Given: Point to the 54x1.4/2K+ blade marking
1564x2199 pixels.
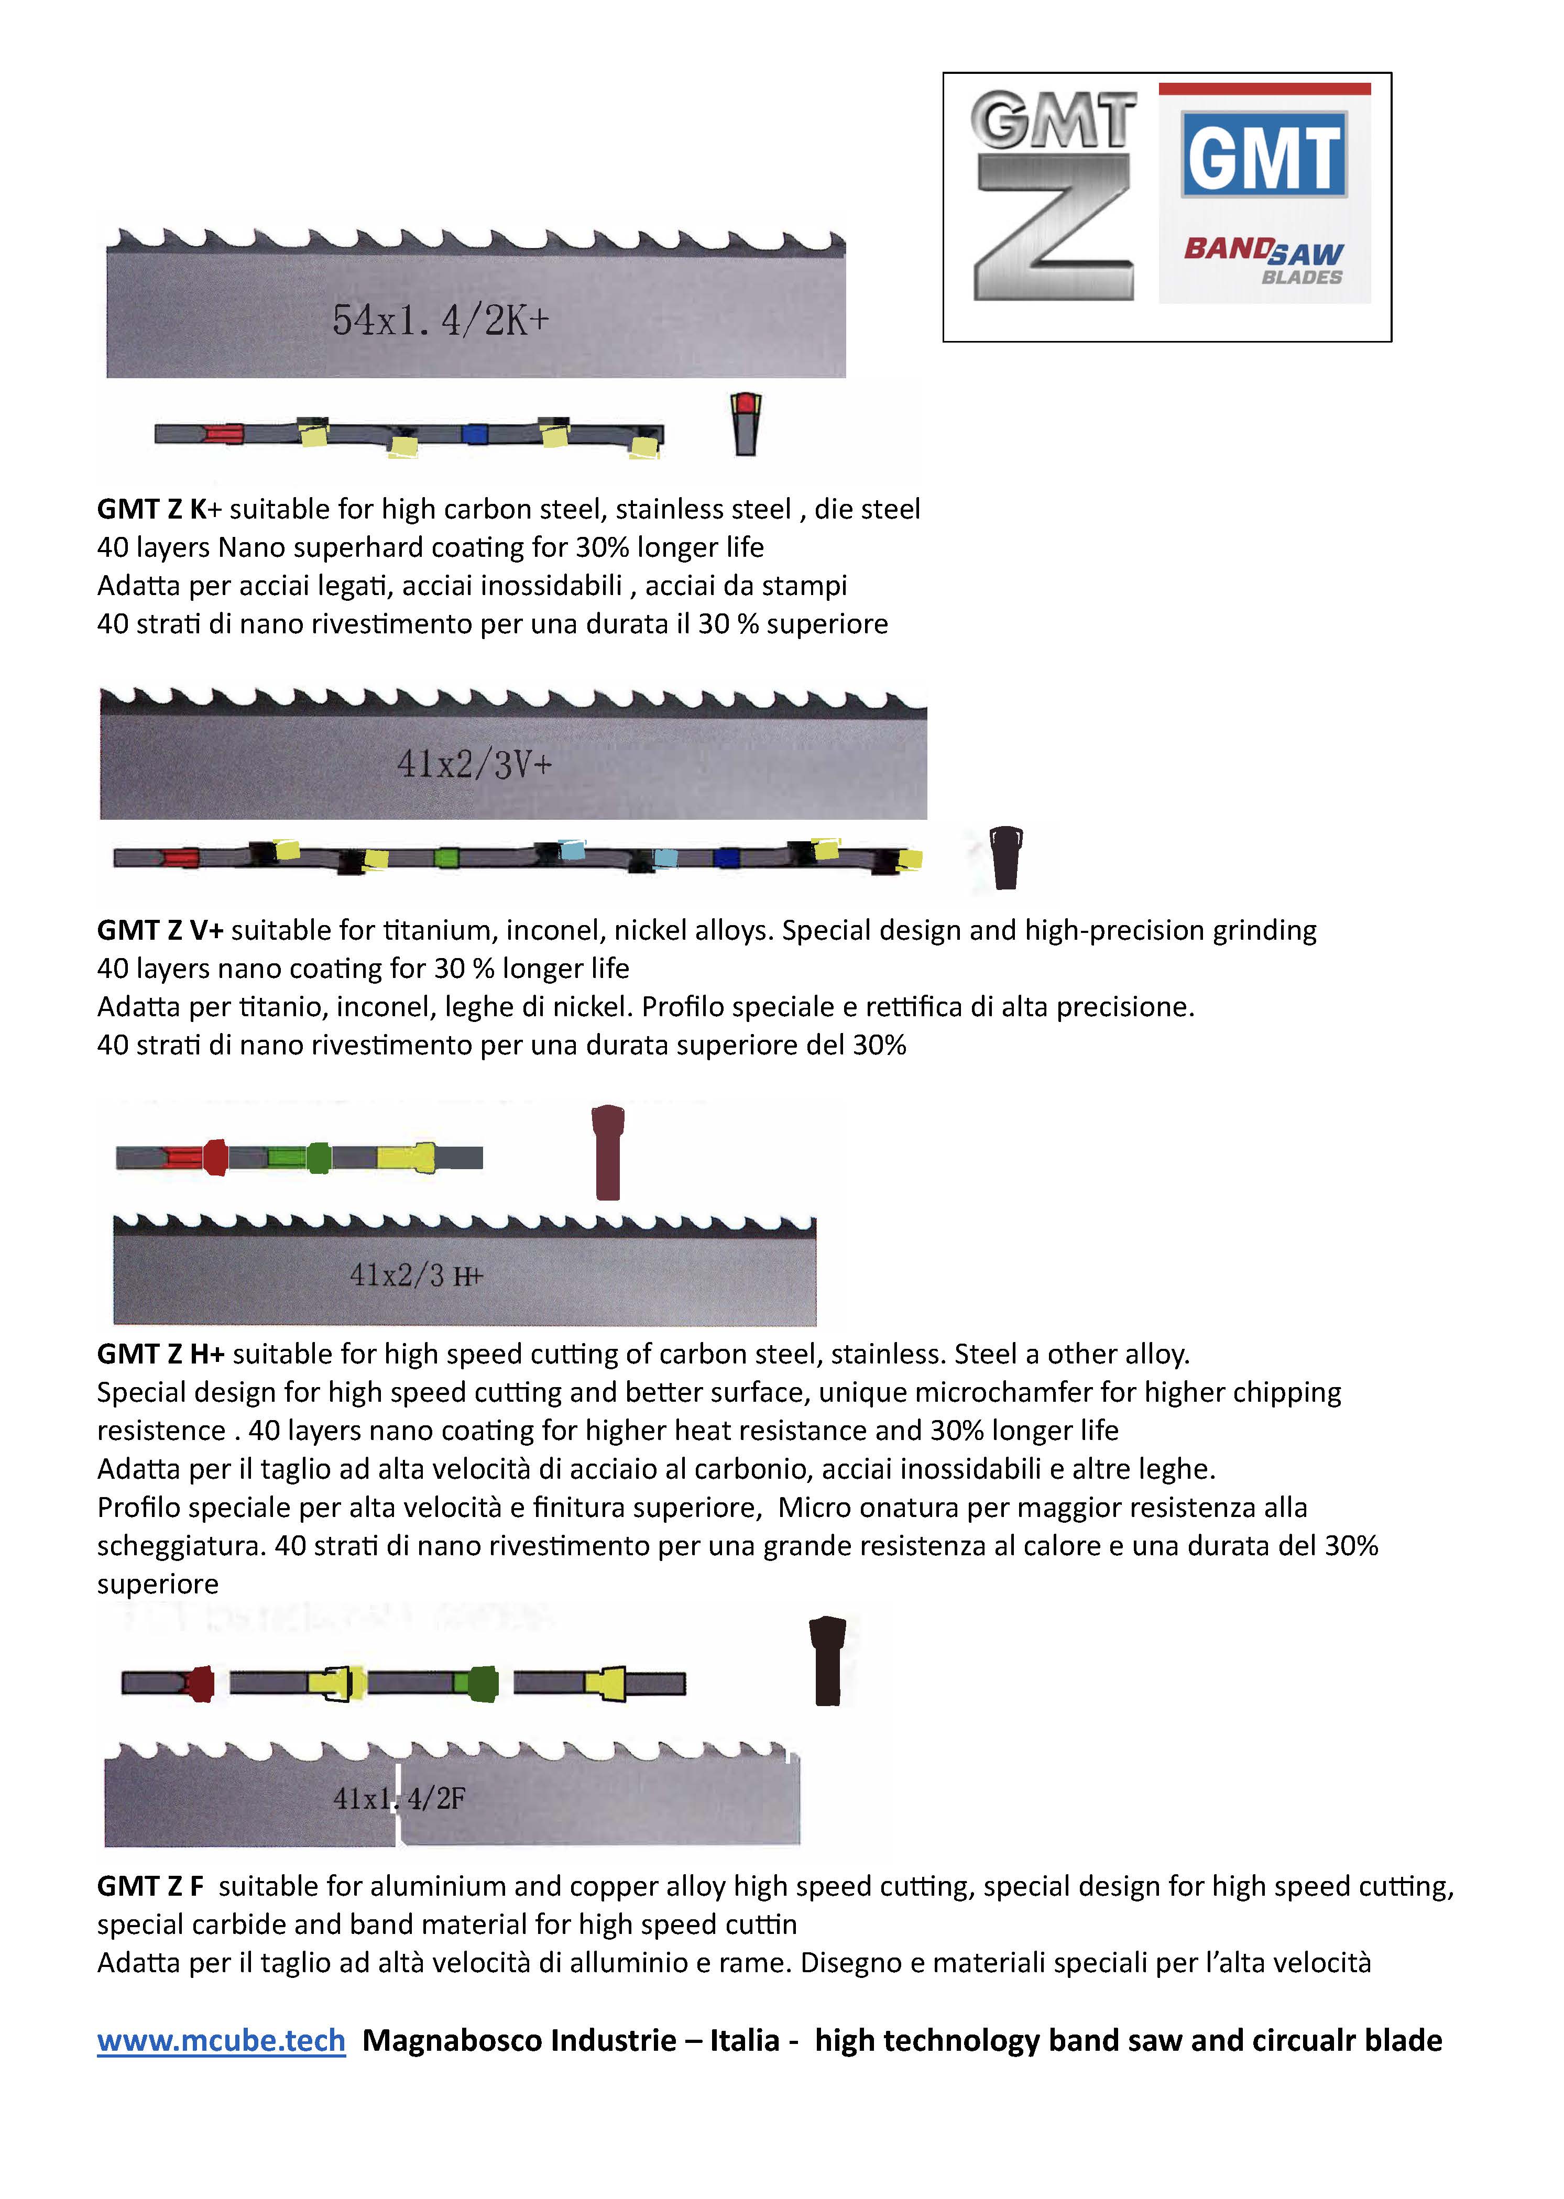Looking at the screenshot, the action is coord(441,320).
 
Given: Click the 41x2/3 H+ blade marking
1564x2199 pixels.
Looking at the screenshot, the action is coord(416,1276).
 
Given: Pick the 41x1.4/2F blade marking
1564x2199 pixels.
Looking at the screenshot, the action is coord(399,1798).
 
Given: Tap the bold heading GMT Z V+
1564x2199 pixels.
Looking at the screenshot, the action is coord(161,930).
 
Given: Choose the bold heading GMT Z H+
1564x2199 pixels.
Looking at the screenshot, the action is coord(161,1354).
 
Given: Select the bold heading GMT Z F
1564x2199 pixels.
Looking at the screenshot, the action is coord(150,1886).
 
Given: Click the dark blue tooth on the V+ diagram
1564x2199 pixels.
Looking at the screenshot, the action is coord(727,857).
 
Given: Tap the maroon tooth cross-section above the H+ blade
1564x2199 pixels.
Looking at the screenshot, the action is coord(608,1152).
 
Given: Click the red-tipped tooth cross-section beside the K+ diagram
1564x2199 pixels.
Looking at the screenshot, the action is coord(746,423).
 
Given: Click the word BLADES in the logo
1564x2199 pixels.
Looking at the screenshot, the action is coord(1302,277).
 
